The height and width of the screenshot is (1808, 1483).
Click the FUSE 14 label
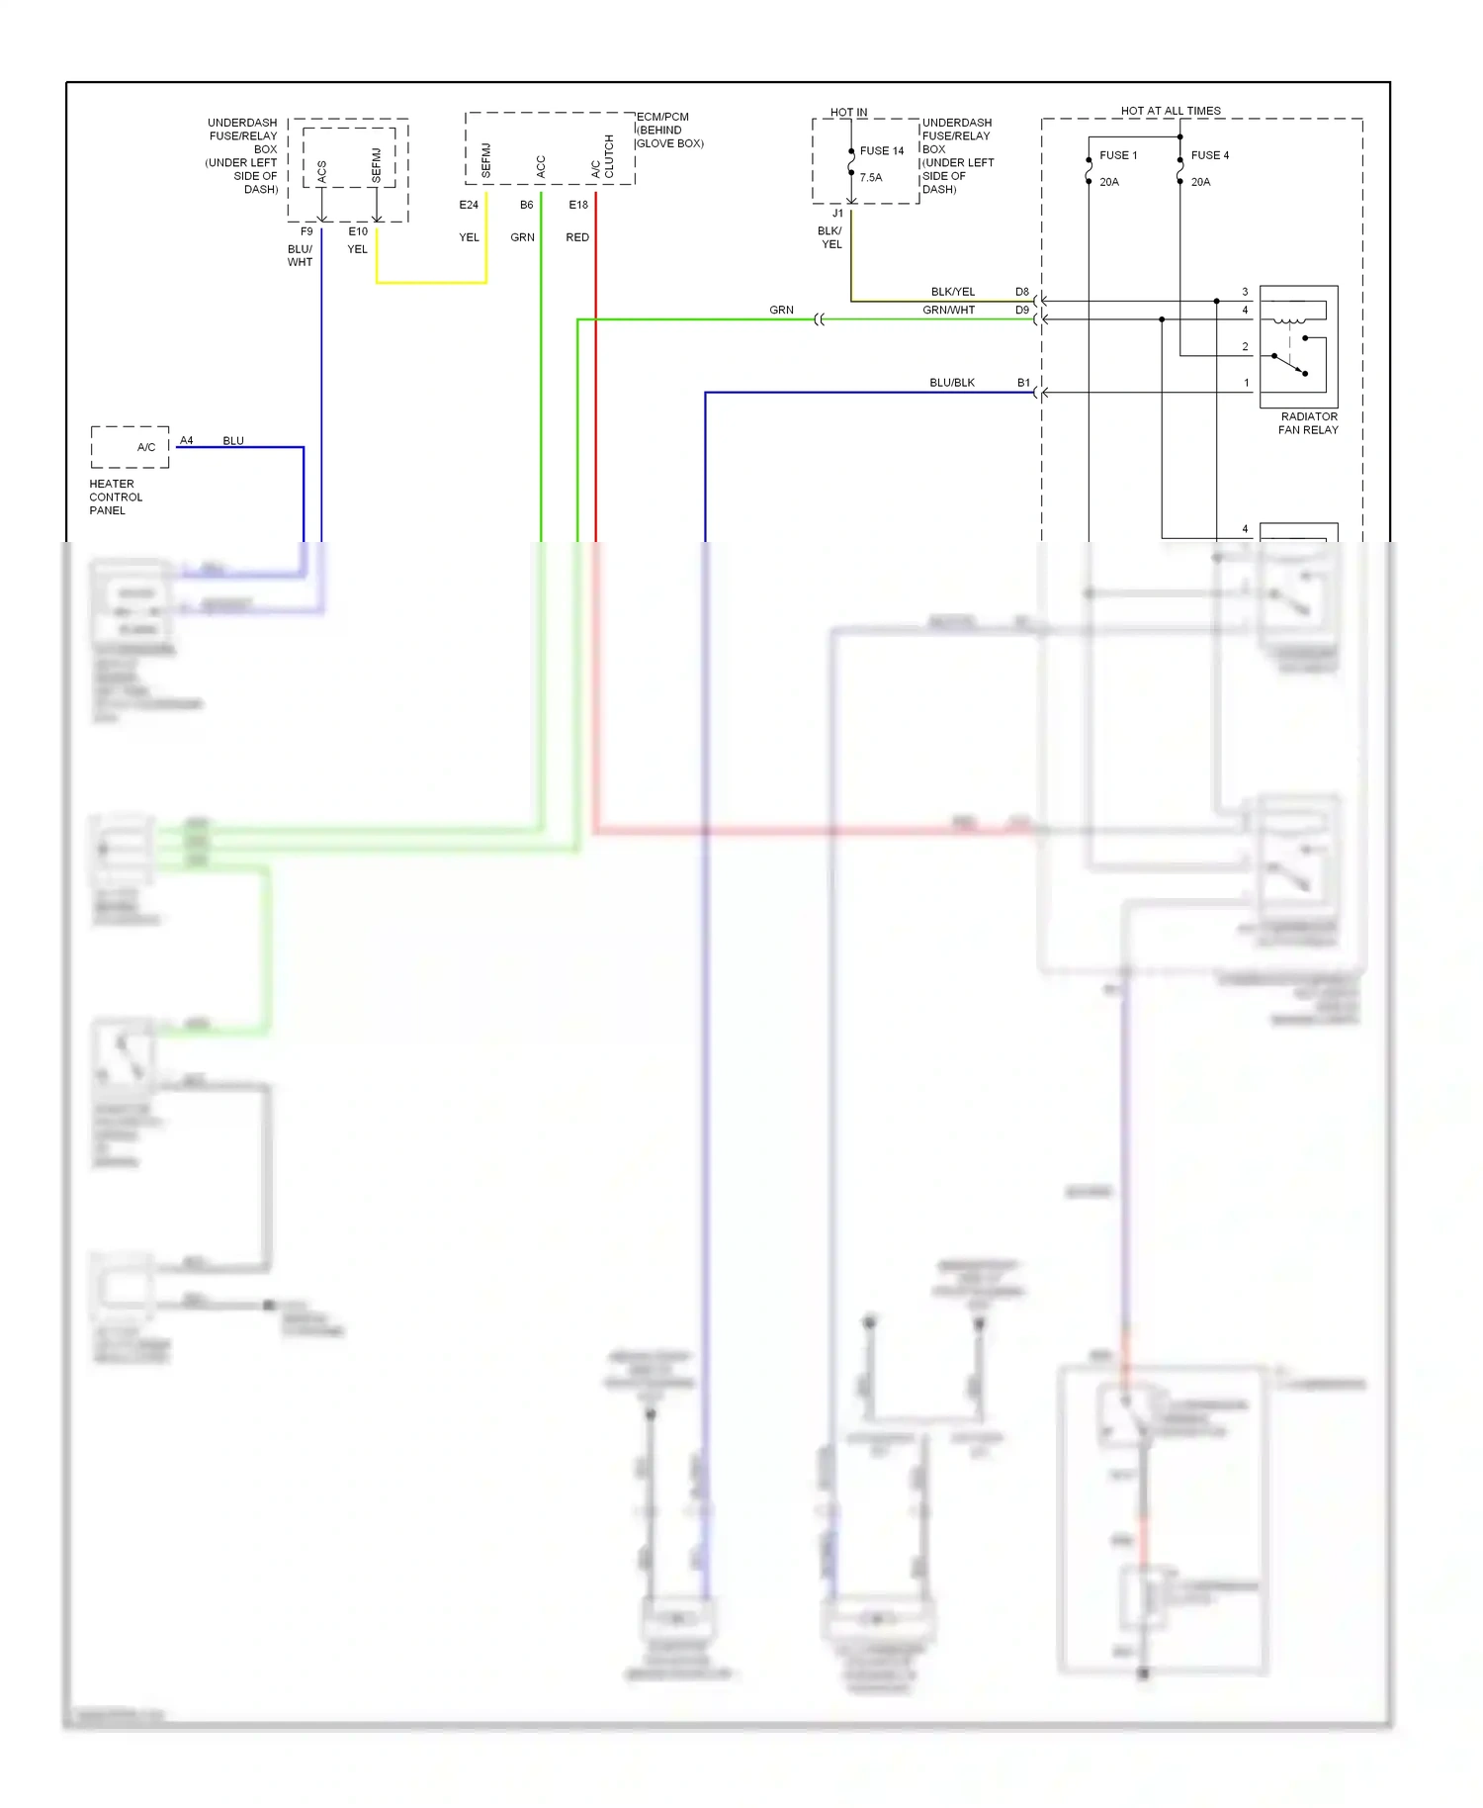coord(881,151)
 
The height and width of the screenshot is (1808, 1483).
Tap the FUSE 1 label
coord(1118,155)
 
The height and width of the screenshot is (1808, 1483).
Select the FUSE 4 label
coord(1209,155)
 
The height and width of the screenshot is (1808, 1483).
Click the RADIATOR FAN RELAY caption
coord(1308,423)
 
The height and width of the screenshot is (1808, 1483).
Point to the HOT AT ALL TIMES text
coord(1170,111)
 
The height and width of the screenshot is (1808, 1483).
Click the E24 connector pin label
coord(469,205)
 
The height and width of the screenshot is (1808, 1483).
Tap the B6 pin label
coord(526,205)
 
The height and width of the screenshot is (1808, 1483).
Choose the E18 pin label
coord(578,205)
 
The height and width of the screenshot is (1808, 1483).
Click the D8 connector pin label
coord(1022,292)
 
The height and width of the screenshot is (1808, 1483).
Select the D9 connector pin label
coord(1022,310)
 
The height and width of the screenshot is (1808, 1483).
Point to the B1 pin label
coord(1023,383)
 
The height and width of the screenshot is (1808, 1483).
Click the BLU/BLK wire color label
coord(951,383)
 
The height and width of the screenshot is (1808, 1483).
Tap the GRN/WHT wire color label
coord(948,310)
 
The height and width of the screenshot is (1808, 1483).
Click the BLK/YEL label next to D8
coord(952,292)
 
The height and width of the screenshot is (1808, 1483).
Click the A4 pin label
coord(186,440)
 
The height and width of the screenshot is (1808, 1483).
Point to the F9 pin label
coord(306,231)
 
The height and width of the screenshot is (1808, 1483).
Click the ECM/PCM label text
coord(662,117)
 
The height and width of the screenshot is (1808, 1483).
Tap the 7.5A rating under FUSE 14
coord(870,178)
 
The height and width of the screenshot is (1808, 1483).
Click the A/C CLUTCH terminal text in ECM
coord(602,156)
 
